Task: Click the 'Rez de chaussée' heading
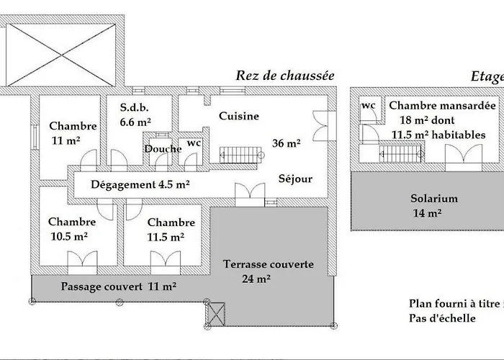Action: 286,76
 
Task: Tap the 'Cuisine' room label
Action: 239,116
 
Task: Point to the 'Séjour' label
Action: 295,179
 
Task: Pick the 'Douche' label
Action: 162,149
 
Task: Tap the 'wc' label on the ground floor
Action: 194,143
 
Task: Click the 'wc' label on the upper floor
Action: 368,106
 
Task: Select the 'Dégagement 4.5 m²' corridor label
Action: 140,184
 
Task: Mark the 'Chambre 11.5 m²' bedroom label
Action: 170,229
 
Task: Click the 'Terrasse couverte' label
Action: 269,264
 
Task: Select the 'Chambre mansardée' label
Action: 442,105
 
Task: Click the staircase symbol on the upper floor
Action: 395,153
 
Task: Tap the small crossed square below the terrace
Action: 216,312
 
